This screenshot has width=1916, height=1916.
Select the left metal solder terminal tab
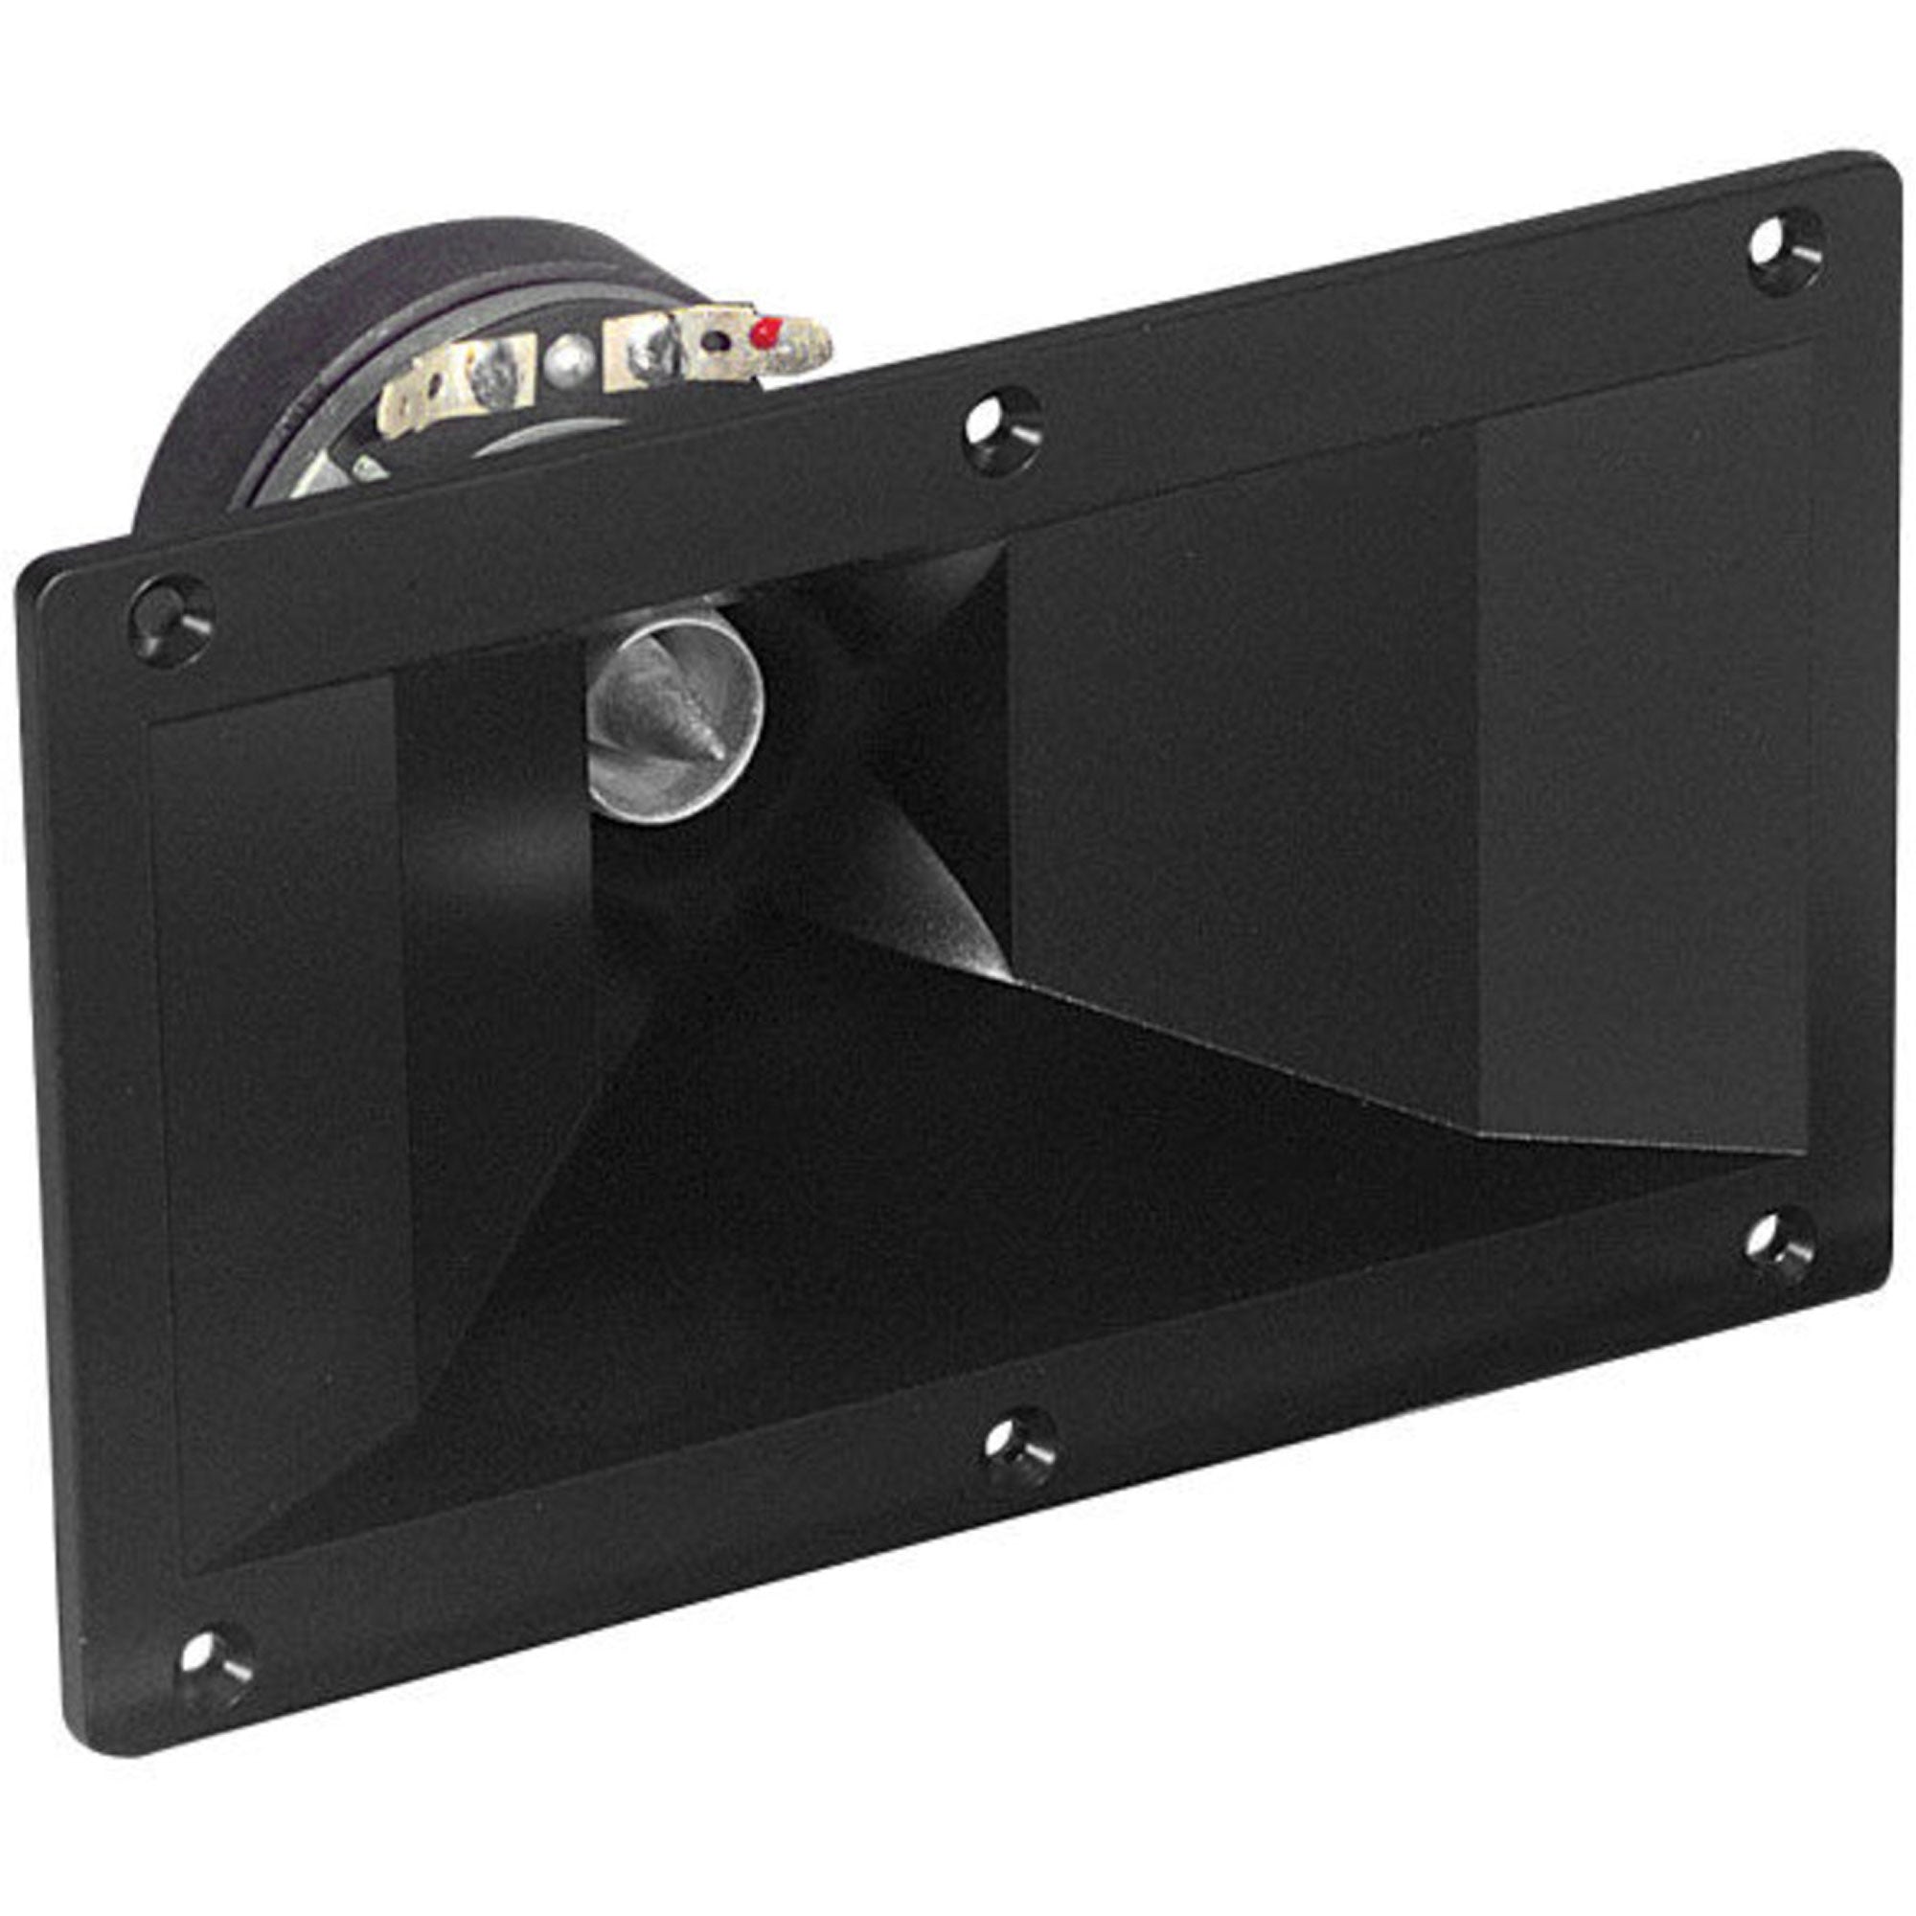click(x=456, y=382)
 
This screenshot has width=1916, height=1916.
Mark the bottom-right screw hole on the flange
click(x=1780, y=1245)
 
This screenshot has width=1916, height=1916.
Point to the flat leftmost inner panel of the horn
click(x=278, y=1091)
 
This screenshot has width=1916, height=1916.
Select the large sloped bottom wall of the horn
click(x=893, y=1240)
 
